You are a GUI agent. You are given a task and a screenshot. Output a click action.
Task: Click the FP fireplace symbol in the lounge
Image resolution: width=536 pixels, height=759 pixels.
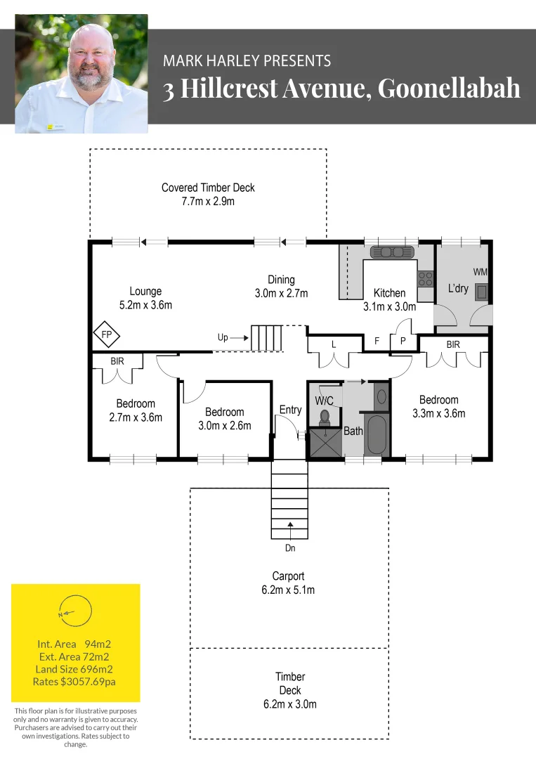pyautogui.click(x=107, y=335)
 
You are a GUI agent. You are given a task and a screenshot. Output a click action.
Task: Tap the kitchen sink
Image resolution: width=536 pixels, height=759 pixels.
pyautogui.click(x=391, y=251)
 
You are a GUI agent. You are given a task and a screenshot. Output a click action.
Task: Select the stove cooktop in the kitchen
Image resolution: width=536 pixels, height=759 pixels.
pyautogui.click(x=425, y=278)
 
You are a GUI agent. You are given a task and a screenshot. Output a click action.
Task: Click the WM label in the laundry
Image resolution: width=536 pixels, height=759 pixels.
pyautogui.click(x=480, y=272)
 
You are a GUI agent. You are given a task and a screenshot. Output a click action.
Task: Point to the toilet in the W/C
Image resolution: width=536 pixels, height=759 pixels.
pyautogui.click(x=325, y=417)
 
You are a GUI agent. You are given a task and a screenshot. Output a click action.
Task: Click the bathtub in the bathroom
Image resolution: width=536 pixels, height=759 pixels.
pyautogui.click(x=377, y=435)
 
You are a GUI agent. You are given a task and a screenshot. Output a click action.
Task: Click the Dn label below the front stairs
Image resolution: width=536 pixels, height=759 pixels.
pyautogui.click(x=290, y=548)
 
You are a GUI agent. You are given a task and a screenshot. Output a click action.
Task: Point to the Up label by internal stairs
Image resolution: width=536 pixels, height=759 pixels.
pyautogui.click(x=223, y=338)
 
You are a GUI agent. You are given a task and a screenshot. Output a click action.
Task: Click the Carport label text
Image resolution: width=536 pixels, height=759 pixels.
pyautogui.click(x=289, y=576)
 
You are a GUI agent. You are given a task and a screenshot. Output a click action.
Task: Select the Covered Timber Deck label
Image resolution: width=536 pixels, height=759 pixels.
pyautogui.click(x=208, y=188)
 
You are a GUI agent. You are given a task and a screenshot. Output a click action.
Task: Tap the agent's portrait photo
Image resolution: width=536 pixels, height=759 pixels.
pyautogui.click(x=81, y=74)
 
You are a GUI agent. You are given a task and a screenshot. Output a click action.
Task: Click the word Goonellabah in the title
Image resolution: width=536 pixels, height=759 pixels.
pyautogui.click(x=450, y=89)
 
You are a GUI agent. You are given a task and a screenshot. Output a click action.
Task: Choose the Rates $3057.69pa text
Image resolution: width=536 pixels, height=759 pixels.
pyautogui.click(x=74, y=682)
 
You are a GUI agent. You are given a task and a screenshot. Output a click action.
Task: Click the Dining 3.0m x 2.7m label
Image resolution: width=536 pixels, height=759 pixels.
pyautogui.click(x=281, y=287)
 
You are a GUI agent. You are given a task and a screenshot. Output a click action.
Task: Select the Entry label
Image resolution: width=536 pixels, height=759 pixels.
pyautogui.click(x=290, y=410)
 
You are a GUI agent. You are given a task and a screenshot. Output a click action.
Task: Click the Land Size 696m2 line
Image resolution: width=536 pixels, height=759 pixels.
pyautogui.click(x=74, y=669)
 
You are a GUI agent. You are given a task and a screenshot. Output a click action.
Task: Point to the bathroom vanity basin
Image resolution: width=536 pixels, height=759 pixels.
pyautogui.click(x=381, y=396)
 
